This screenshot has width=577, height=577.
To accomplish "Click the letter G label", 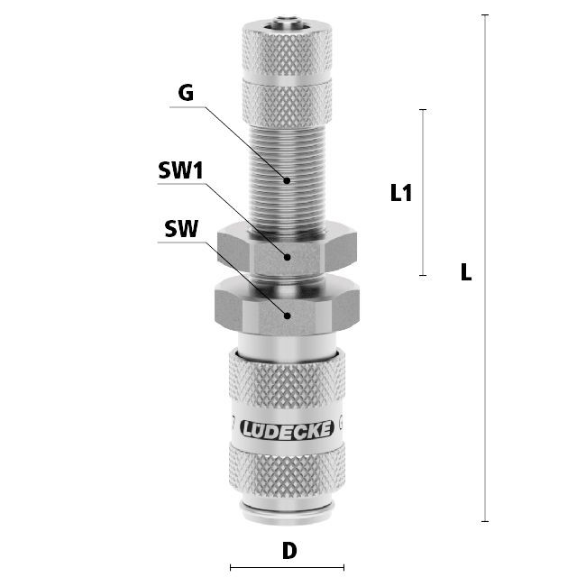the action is point(186,93).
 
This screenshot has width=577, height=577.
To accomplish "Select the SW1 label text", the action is point(180,170).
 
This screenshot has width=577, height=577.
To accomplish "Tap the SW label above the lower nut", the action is point(181,229).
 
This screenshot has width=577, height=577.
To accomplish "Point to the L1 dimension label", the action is point(401,192).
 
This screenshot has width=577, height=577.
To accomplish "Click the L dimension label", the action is point(466,272).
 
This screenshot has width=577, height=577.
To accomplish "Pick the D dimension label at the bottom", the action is point(289,551).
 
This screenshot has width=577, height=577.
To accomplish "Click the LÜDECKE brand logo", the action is point(287,429).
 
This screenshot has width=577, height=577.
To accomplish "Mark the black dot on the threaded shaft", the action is point(287,180).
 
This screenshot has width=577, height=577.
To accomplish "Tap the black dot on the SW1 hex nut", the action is point(287,257).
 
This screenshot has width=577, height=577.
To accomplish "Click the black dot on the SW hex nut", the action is point(287,316).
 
